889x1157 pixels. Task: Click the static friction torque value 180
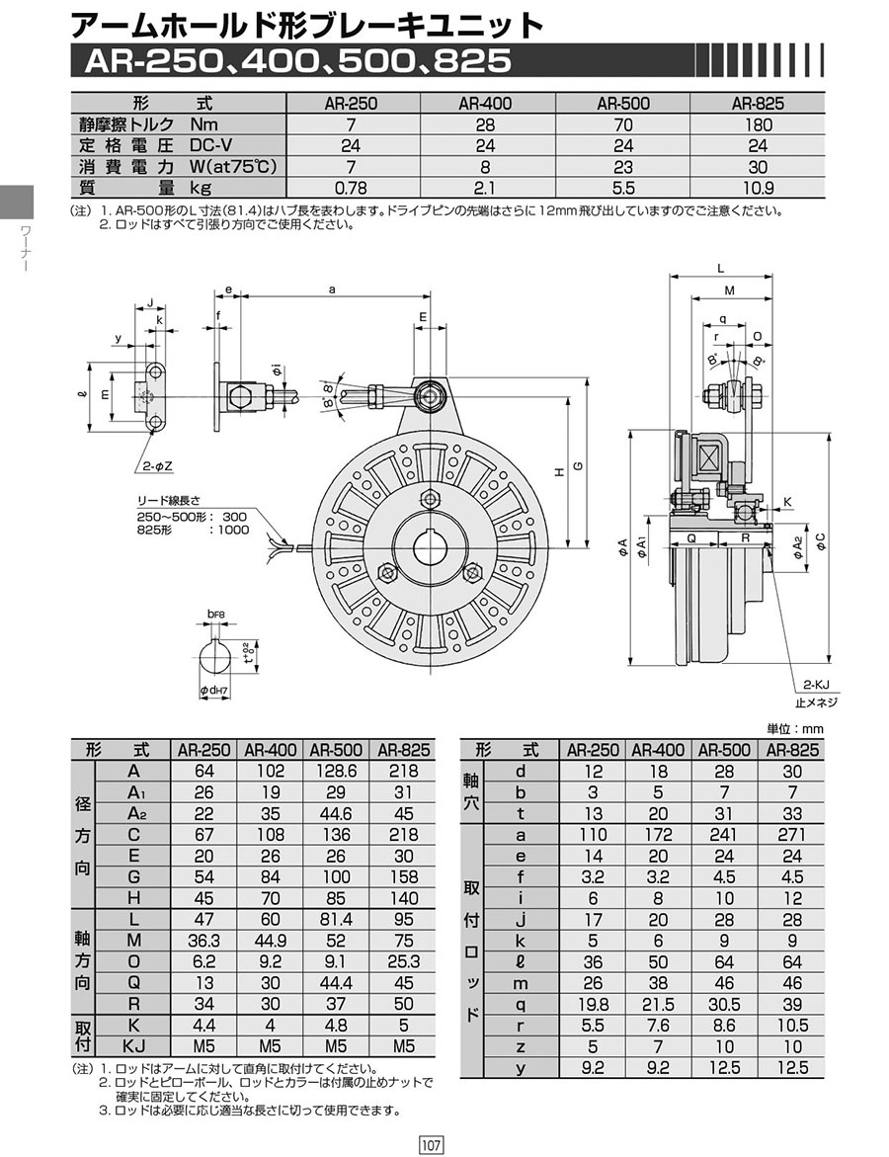click(758, 124)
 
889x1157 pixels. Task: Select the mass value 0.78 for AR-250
click(351, 188)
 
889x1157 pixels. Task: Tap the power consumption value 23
click(622, 167)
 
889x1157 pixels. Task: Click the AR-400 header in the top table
click(485, 104)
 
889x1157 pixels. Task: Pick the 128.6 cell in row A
click(336, 771)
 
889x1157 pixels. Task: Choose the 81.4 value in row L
click(336, 920)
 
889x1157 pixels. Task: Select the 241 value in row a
click(724, 835)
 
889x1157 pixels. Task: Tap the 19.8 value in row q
click(593, 1004)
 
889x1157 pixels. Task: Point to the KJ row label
click(133, 1045)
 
